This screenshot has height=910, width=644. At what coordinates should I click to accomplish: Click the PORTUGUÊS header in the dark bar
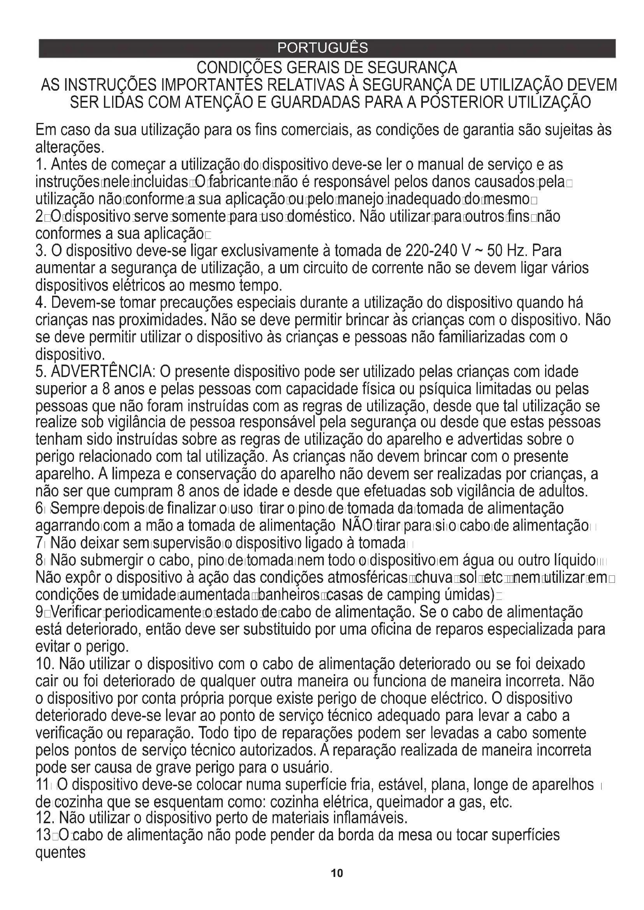pyautogui.click(x=322, y=48)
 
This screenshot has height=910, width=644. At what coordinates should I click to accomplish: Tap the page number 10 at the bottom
pyautogui.click(x=337, y=884)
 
